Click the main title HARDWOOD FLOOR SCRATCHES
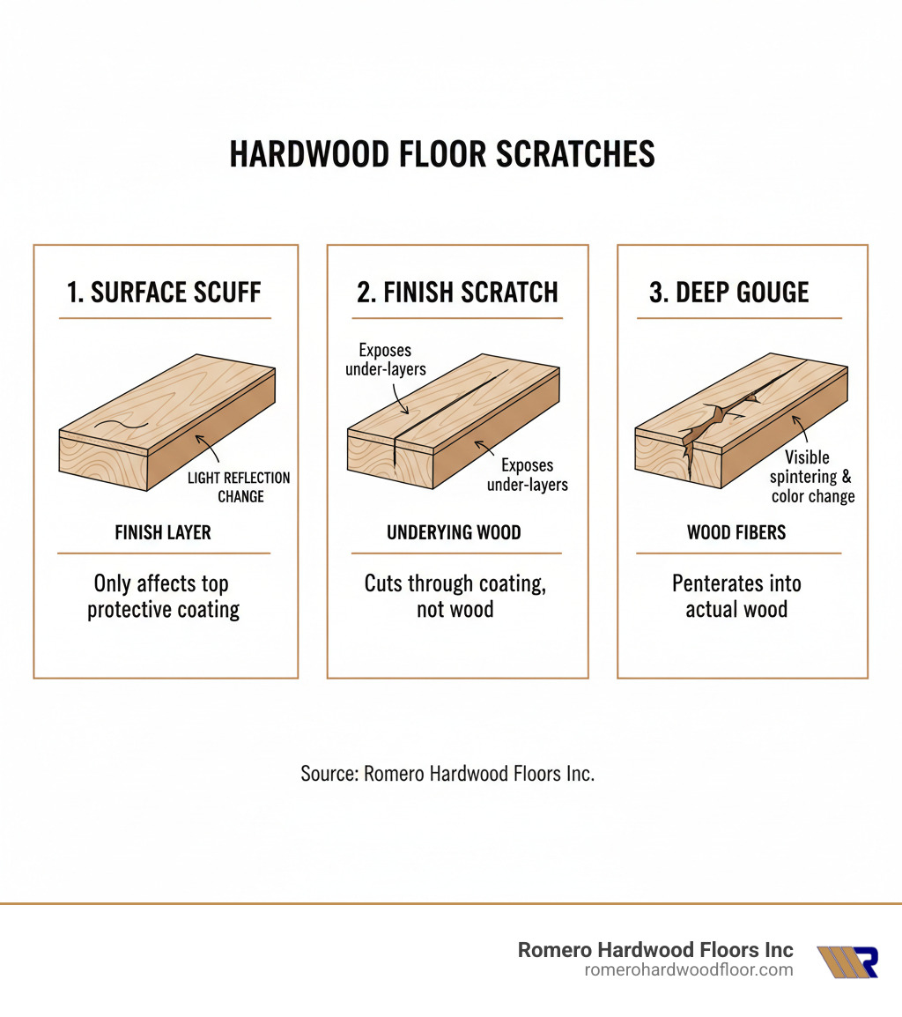442,154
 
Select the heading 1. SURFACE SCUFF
165,293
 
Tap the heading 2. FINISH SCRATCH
457,293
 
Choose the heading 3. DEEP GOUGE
728,293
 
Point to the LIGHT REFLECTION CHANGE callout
240,486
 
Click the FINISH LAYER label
163,532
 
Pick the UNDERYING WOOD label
455,532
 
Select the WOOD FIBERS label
736,532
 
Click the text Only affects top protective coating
163,597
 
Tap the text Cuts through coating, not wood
455,597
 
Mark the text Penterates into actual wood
736,597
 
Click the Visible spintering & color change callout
811,477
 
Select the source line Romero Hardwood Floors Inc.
447,774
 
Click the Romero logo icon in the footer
847,961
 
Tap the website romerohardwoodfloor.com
689,969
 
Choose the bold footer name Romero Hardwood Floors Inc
655,949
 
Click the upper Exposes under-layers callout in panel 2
385,360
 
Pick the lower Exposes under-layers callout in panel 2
528,474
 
